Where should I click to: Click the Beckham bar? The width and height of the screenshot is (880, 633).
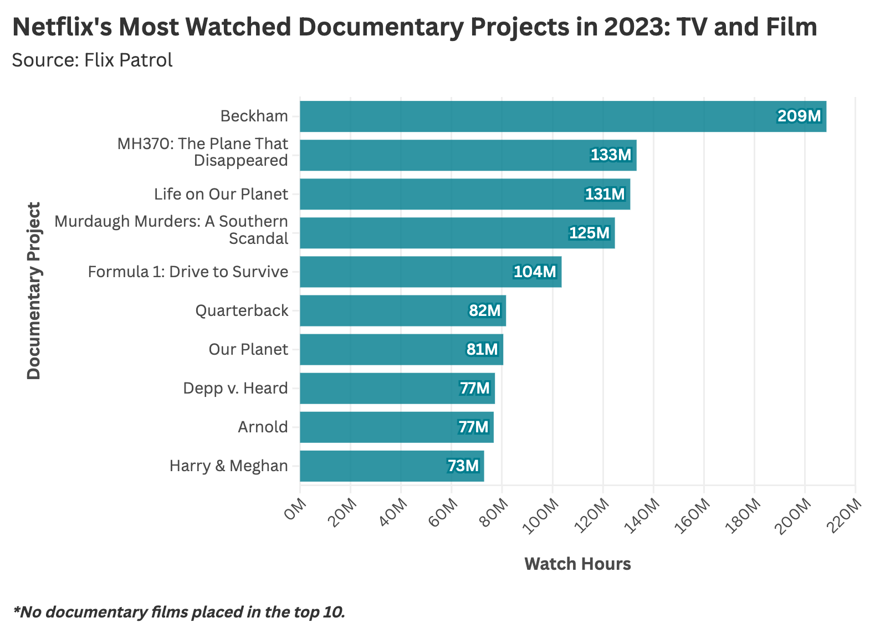[562, 116]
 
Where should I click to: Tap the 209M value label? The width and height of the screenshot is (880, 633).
[799, 116]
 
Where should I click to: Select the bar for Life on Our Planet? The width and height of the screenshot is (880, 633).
[464, 194]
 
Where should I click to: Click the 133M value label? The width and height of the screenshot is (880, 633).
[611, 155]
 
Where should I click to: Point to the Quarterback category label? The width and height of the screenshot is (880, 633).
[242, 310]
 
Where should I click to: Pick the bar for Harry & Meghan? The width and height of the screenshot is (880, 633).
[391, 466]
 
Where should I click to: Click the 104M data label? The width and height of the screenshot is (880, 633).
[534, 272]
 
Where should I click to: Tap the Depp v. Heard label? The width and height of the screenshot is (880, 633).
[236, 388]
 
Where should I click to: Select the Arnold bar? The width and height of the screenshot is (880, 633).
[396, 427]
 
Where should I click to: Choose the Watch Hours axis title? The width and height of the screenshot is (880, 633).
[577, 564]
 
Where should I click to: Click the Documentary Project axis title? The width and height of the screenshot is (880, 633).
[34, 291]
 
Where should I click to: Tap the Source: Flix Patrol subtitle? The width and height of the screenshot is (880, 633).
[92, 60]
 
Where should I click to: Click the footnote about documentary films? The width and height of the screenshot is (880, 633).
[178, 612]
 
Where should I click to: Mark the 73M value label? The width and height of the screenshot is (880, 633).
[463, 466]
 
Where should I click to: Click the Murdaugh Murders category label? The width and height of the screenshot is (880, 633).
[172, 229]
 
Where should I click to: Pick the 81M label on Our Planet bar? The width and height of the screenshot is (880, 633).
[482, 349]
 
